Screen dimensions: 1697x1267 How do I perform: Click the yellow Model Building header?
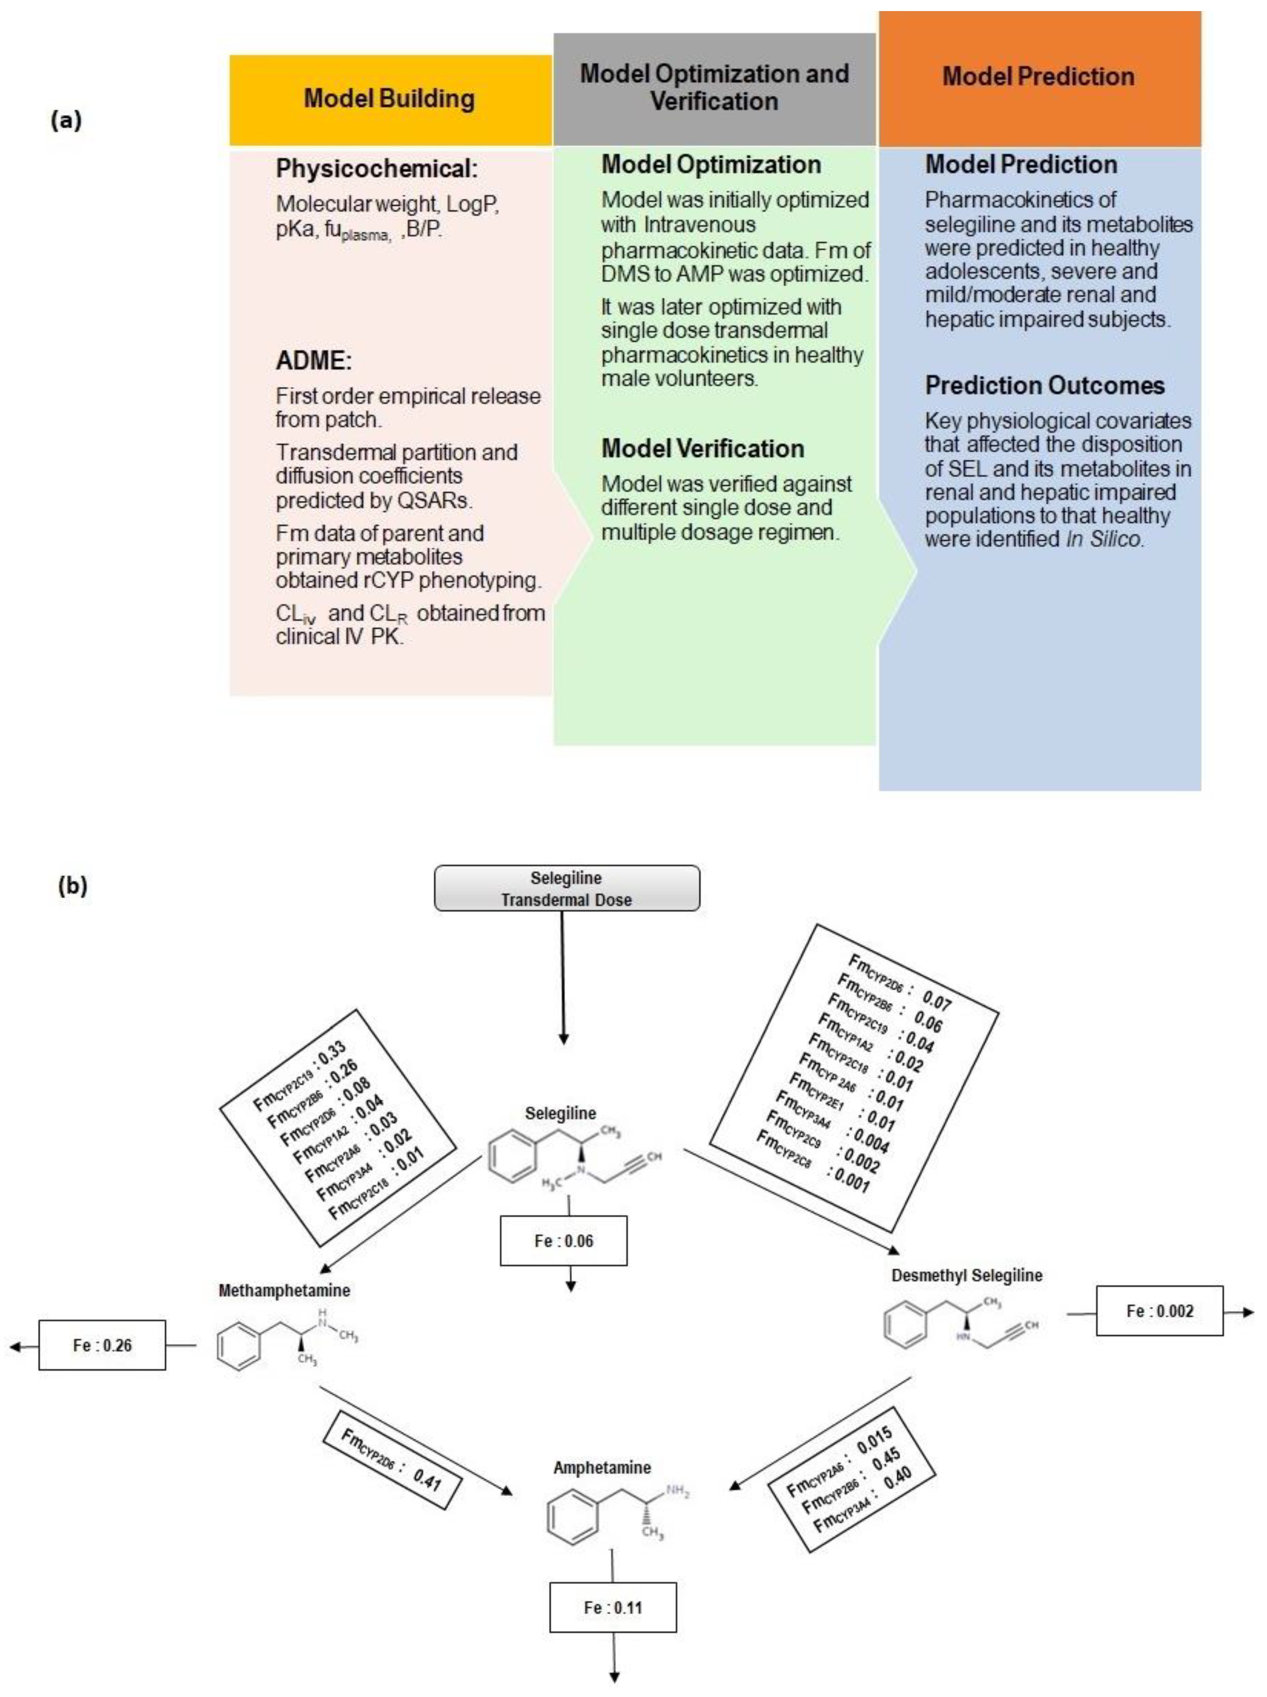[x=390, y=100]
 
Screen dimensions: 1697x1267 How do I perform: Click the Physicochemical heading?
[x=376, y=169]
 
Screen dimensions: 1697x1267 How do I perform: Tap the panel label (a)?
[x=66, y=121]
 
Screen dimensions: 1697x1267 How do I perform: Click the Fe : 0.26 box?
[x=102, y=1345]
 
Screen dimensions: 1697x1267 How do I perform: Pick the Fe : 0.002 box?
[x=1159, y=1311]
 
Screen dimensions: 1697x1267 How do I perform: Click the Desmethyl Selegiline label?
[x=966, y=1275]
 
